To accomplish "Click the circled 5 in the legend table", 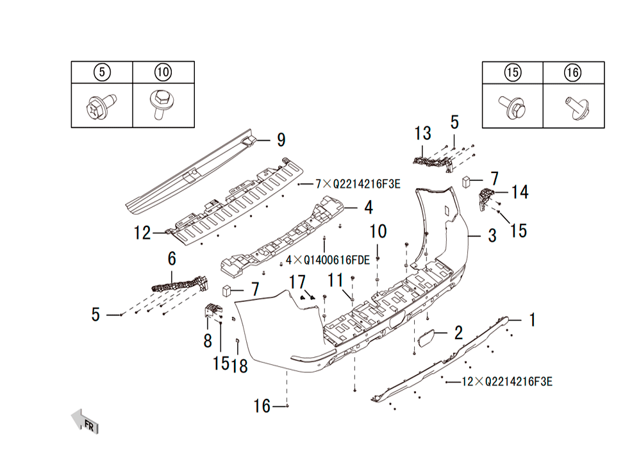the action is (102, 72).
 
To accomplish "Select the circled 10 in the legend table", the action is (163, 72).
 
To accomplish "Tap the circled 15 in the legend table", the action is (513, 72).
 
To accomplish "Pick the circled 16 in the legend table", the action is (572, 72).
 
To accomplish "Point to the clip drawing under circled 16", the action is (577, 108).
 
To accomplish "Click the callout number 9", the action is (281, 140).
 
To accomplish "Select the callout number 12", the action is (142, 233).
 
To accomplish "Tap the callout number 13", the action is (422, 133).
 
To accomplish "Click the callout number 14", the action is (520, 192).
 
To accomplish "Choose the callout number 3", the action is (492, 236).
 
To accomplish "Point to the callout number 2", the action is (459, 333).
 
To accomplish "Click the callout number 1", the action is (532, 320).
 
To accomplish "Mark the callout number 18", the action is (240, 366).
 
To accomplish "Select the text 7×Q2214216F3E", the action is (358, 185).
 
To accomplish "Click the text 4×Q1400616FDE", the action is (328, 260).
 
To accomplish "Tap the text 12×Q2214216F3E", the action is (507, 381).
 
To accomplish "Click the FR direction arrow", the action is (85, 421).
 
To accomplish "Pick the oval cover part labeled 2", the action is (426, 339).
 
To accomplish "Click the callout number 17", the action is (297, 282).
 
